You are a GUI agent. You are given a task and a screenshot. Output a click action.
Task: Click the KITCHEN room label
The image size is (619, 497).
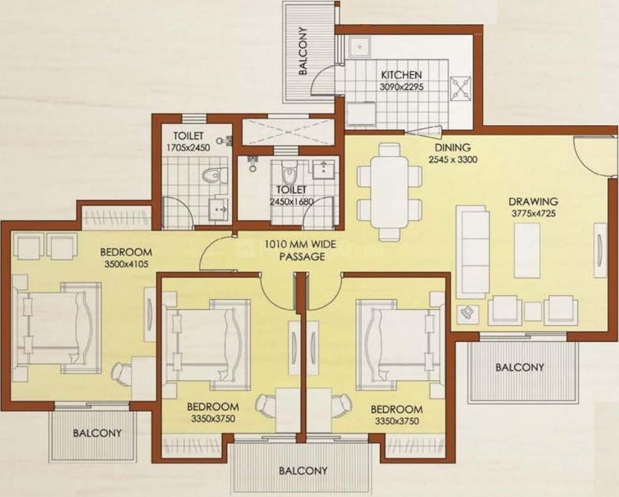[x=401, y=75]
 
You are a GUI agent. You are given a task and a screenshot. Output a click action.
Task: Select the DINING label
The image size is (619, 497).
[x=453, y=148]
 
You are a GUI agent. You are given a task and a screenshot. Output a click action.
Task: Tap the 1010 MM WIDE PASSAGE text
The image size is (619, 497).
[x=294, y=249]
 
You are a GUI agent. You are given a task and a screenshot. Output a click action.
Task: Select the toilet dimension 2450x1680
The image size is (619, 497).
[x=290, y=202]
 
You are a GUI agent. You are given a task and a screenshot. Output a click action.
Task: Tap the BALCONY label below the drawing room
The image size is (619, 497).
[x=520, y=367]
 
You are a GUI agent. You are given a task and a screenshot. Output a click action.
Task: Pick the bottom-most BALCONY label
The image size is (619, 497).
[x=303, y=471]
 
